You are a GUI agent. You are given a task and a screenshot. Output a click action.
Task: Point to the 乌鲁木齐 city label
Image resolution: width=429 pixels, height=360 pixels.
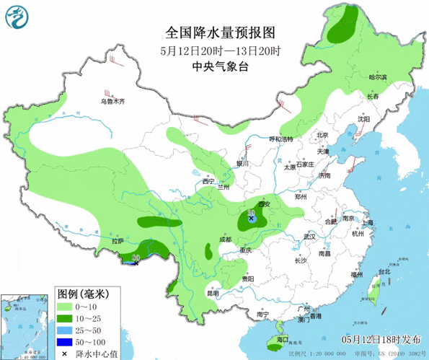(112, 102)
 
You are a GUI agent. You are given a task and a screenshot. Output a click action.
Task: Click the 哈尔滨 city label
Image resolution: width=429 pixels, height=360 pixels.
(378, 77)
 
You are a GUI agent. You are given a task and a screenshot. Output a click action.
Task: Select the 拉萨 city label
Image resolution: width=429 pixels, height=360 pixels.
(118, 241)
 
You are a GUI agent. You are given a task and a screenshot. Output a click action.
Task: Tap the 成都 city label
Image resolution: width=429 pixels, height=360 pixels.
(226, 240)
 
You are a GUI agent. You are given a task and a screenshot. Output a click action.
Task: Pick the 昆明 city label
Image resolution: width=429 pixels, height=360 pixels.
(211, 293)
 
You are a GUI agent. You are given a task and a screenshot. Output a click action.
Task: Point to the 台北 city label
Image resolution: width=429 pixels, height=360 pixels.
(394, 273)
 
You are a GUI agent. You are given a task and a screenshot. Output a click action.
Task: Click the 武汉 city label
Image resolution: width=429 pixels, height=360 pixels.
(310, 237)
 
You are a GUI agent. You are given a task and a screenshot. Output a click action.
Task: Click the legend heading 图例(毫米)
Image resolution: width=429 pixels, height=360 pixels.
(82, 294)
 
